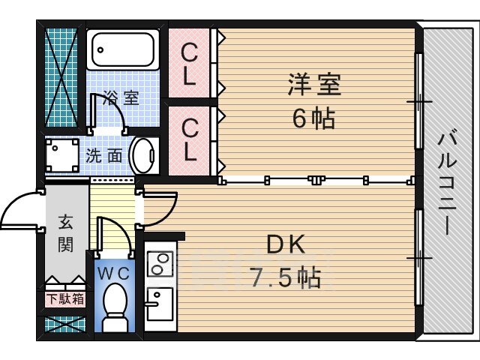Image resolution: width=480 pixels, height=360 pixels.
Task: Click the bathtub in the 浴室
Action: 123,49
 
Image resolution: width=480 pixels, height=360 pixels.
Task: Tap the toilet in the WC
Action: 115,307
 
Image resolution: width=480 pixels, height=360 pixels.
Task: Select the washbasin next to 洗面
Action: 144,156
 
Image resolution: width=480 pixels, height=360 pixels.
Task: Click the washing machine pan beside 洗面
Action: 62,155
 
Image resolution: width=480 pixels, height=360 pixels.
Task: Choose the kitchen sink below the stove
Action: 160,304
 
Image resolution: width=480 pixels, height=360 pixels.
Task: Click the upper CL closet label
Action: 189,64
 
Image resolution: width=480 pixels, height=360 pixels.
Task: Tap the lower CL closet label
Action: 190,140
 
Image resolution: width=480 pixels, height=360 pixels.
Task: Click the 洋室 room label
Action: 314,84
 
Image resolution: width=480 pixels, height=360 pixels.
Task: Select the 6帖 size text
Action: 313,118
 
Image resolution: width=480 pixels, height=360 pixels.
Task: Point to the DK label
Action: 286,244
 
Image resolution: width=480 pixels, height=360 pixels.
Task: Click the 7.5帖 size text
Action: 286,277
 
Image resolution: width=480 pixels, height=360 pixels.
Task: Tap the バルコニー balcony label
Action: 447,184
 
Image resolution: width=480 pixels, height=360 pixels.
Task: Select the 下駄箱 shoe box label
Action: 65,299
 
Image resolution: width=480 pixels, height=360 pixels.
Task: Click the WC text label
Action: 113,273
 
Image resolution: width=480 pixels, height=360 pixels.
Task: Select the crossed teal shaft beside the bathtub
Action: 61,77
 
